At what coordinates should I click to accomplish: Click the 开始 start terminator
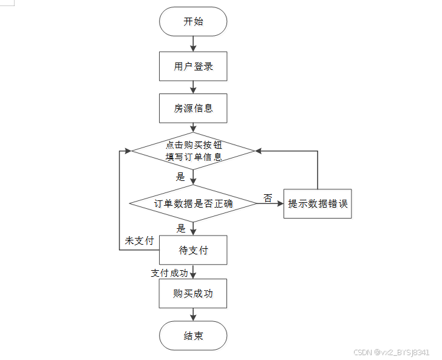[193, 22]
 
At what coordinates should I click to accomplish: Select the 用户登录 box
[193, 66]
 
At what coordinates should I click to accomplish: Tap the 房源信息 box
[193, 109]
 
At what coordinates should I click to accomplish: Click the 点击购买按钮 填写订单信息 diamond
[193, 151]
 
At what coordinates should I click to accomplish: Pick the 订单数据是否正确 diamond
[193, 203]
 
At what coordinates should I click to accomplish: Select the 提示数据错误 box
[318, 203]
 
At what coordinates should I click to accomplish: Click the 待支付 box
[193, 250]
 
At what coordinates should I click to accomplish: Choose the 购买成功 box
[193, 293]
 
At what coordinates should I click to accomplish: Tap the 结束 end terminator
[193, 336]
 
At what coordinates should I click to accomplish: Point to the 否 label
[268, 198]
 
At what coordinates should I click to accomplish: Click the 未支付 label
[139, 240]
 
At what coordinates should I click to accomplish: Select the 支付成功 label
[169, 273]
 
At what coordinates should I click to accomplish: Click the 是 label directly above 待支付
[181, 228]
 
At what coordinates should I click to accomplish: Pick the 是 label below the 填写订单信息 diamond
[180, 177]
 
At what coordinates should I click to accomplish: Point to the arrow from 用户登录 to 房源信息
[193, 87]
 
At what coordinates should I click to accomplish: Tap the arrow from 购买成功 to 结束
[193, 314]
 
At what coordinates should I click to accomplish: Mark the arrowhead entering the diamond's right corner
[259, 151]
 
